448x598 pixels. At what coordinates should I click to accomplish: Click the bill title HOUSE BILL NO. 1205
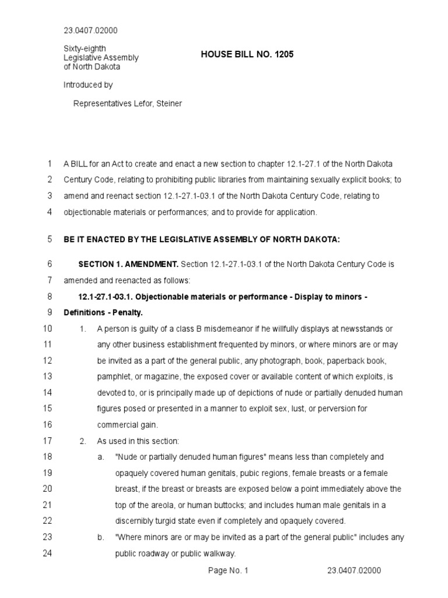pyautogui.click(x=247, y=54)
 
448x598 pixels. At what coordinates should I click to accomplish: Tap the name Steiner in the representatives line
pyautogui.click(x=168, y=103)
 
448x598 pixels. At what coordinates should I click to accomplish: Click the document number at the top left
pyautogui.click(x=90, y=30)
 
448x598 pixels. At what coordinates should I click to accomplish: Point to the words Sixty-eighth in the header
pyautogui.click(x=85, y=48)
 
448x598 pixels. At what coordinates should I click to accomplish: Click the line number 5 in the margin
pyautogui.click(x=50, y=239)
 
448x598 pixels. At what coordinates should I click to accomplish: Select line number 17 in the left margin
pyautogui.click(x=48, y=441)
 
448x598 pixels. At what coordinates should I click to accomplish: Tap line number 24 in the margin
pyautogui.click(x=48, y=554)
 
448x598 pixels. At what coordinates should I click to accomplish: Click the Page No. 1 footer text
pyautogui.click(x=228, y=571)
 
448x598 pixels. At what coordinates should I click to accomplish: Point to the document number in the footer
pyautogui.click(x=354, y=571)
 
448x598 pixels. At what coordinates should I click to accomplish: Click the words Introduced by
pyautogui.click(x=88, y=85)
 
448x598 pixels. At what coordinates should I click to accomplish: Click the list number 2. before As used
pyautogui.click(x=83, y=441)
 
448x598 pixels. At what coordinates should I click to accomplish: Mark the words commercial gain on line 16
pyautogui.click(x=127, y=425)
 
